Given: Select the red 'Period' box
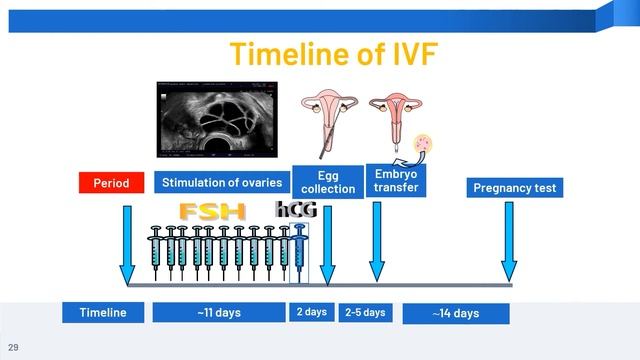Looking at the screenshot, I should [x=112, y=183].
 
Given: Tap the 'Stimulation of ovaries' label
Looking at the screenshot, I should [x=221, y=183].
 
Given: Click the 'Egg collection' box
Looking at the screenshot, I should [x=328, y=183].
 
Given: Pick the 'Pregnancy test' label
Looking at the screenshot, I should [x=516, y=187].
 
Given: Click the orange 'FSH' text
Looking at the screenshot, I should [x=212, y=212].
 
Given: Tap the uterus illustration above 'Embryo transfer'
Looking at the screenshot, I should [x=392, y=115].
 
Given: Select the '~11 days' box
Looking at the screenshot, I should [x=219, y=313].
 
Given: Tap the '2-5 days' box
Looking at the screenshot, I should [x=365, y=312].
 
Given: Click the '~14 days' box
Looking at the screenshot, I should [x=455, y=313].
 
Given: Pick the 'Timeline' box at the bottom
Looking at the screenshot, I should [x=103, y=313].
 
